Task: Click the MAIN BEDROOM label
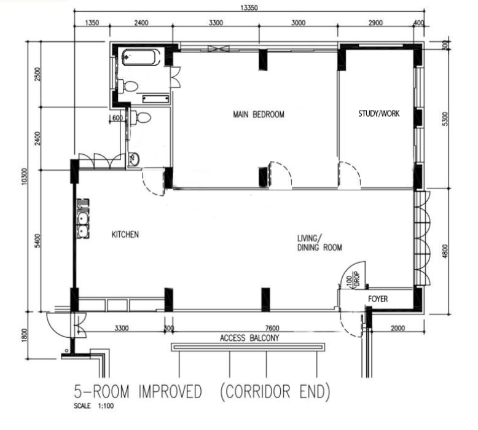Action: [259, 114]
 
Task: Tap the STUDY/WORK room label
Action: [378, 114]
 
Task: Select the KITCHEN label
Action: [125, 235]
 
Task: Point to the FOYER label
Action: [378, 299]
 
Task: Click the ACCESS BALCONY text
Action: [249, 338]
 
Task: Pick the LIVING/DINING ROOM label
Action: [319, 243]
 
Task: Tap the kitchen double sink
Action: [82, 219]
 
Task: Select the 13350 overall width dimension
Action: [249, 7]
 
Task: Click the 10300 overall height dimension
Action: [25, 176]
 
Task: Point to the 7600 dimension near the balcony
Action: [272, 328]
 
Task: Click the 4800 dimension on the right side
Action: [445, 251]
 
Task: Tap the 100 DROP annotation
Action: [353, 279]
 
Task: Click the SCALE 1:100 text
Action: [93, 405]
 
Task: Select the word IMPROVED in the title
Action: [170, 391]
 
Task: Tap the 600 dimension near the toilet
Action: [117, 118]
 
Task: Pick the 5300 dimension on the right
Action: [445, 119]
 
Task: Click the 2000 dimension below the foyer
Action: [398, 328]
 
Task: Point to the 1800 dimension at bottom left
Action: [25, 335]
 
